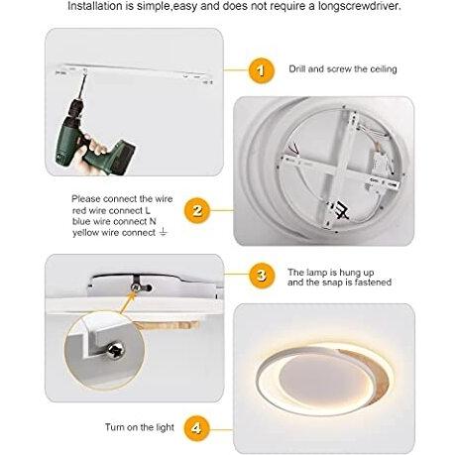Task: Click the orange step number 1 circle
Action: click(x=262, y=70)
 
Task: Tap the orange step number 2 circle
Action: click(x=197, y=210)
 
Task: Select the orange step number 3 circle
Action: click(x=262, y=275)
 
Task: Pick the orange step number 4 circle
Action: click(x=196, y=428)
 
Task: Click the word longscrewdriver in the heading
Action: click(x=360, y=6)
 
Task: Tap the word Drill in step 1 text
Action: click(x=297, y=68)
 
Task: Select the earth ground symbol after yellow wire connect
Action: click(x=163, y=232)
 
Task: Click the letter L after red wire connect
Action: click(x=148, y=210)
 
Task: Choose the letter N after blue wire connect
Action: click(x=153, y=221)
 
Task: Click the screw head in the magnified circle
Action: click(x=116, y=349)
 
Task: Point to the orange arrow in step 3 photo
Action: click(x=128, y=301)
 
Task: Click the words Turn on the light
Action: click(x=140, y=427)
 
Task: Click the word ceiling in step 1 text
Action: click(x=384, y=69)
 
